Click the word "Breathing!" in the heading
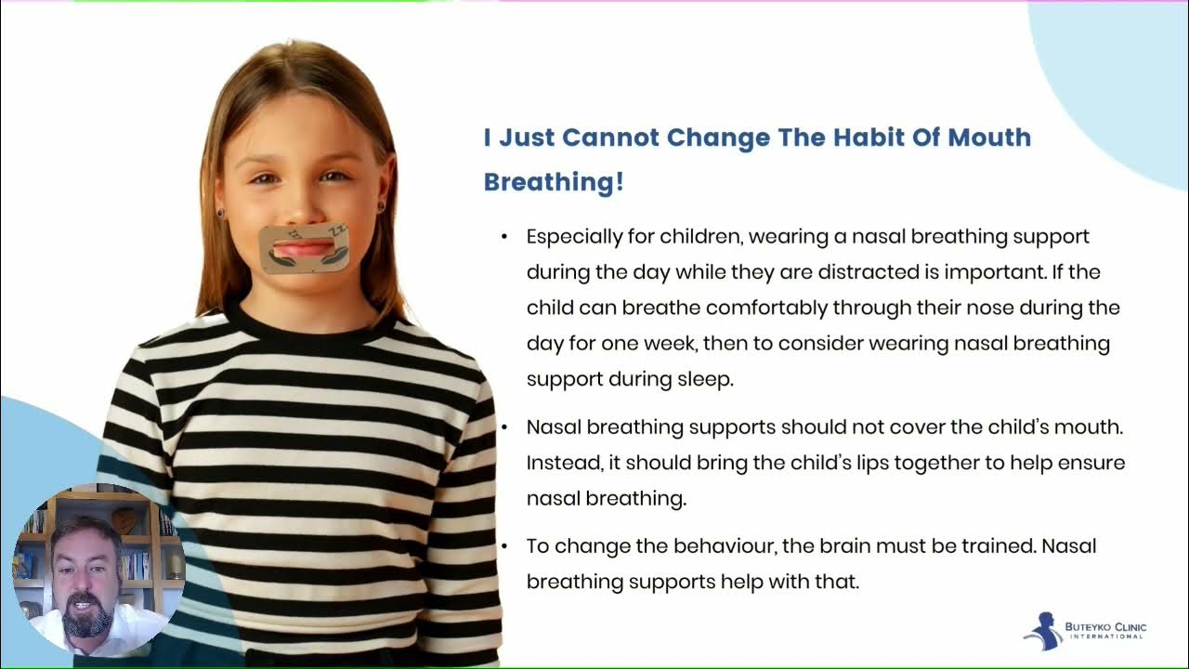click(554, 182)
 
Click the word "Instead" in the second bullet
click(560, 463)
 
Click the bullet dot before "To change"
click(504, 546)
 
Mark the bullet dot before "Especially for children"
click(504, 237)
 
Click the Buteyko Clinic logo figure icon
click(1044, 630)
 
